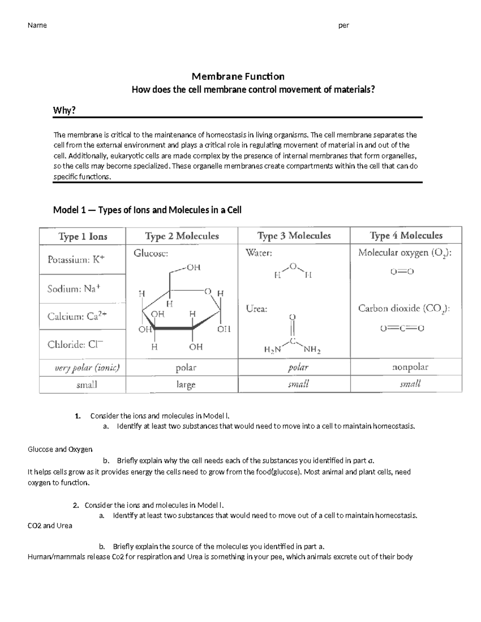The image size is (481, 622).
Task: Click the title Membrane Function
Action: click(x=238, y=76)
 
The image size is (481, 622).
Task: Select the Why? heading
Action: click(x=64, y=111)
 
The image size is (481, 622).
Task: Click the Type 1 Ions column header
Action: click(x=83, y=236)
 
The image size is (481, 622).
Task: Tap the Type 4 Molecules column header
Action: click(x=406, y=236)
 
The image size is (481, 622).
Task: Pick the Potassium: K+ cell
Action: click(x=76, y=260)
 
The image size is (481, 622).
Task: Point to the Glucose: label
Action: click(x=151, y=253)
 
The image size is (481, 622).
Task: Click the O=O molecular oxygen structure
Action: click(x=402, y=272)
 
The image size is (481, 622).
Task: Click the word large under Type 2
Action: click(x=186, y=385)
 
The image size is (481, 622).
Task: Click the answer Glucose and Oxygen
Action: click(x=60, y=449)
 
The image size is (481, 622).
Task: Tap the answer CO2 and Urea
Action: click(x=50, y=525)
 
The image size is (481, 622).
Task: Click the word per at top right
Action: click(x=344, y=26)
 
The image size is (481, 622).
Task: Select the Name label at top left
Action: click(x=37, y=26)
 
